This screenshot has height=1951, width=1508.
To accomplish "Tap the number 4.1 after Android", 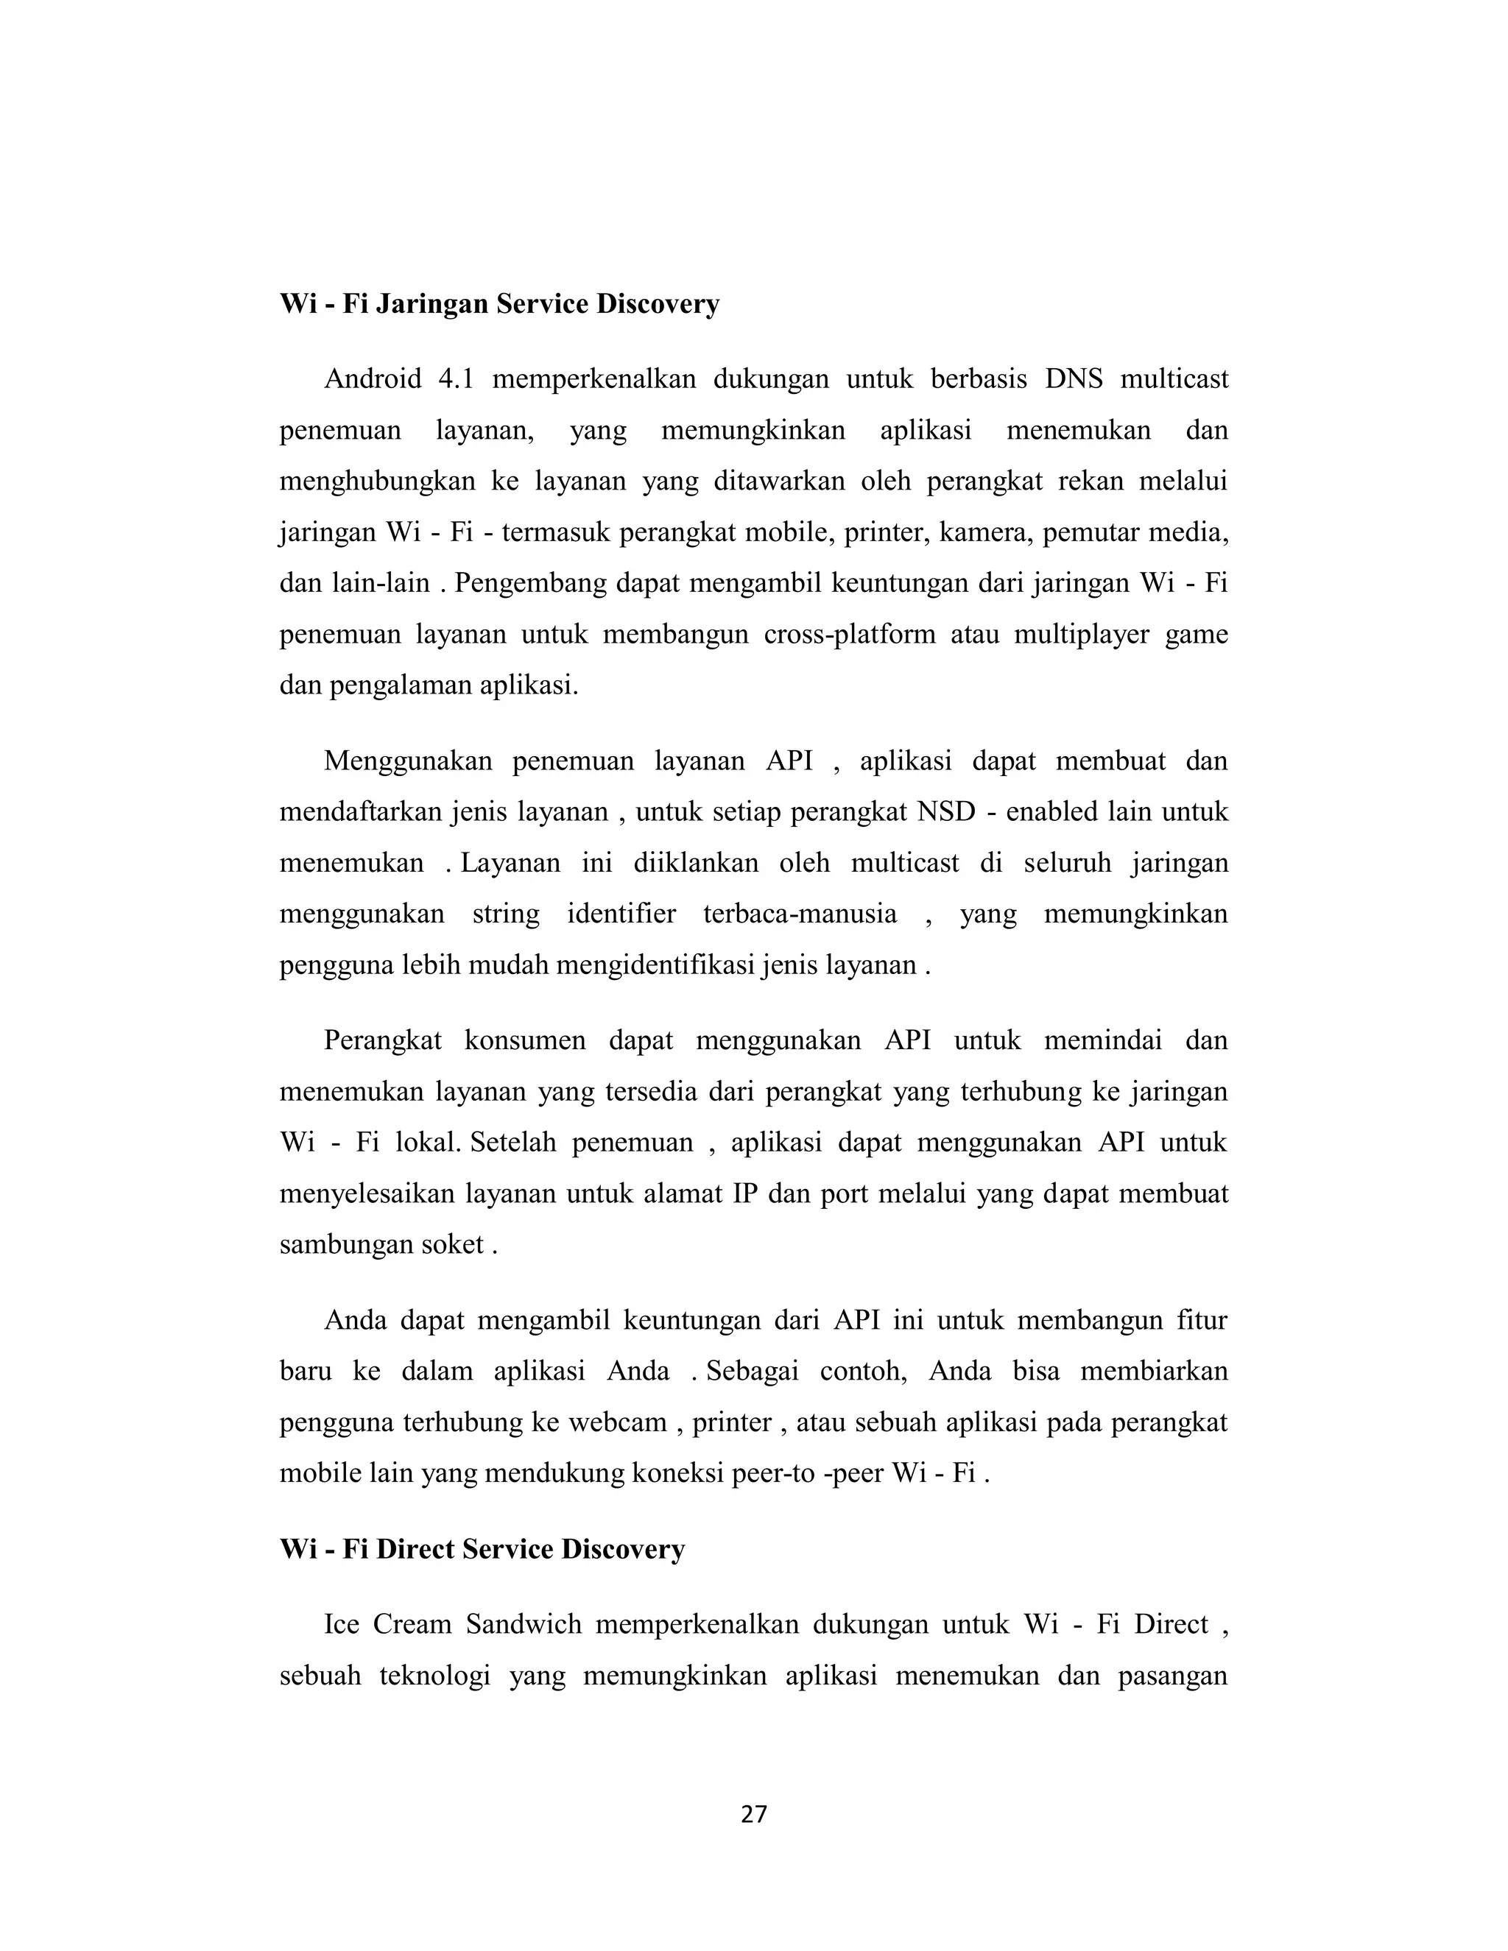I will (455, 380).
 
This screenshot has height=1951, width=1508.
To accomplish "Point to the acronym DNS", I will (1074, 380).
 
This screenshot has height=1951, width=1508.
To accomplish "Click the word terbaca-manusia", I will (800, 914).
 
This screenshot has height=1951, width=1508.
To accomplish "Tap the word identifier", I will (621, 914).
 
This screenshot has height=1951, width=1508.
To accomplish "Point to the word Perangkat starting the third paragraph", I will (382, 1042).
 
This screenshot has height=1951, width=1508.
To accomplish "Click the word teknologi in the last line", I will (435, 1676).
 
